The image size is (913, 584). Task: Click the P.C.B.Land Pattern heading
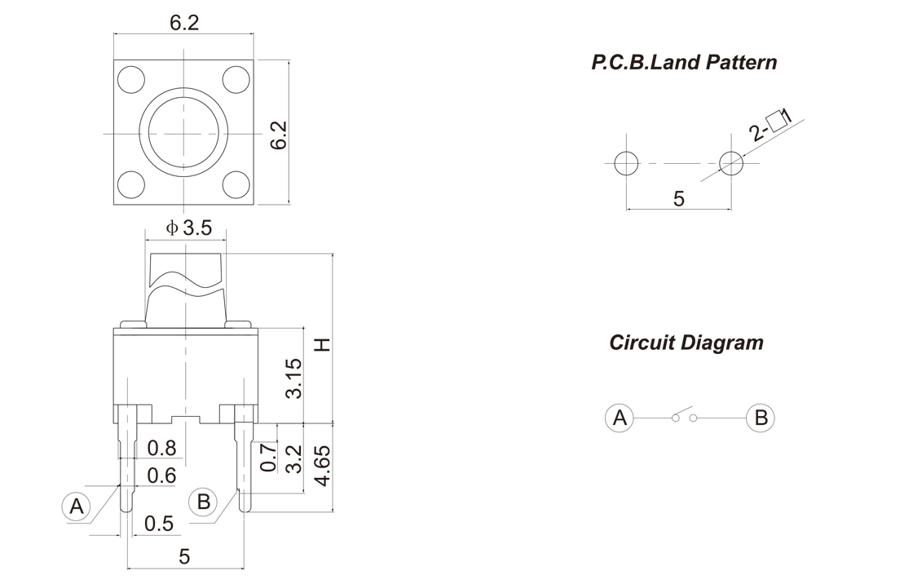(x=684, y=62)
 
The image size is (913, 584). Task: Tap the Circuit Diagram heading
(x=686, y=343)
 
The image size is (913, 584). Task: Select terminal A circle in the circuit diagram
(x=620, y=418)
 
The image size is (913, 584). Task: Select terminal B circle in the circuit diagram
(x=760, y=418)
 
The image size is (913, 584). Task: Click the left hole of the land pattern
(x=626, y=163)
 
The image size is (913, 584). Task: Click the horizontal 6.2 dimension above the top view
(x=184, y=24)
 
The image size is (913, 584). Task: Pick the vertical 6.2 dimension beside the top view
(x=279, y=135)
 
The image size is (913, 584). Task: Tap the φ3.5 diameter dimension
(x=189, y=228)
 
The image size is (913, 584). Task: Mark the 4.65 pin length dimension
(x=323, y=466)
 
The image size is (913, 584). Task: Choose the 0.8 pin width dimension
(x=162, y=448)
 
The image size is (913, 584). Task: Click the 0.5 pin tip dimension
(x=159, y=524)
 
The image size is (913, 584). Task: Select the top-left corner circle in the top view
(x=130, y=80)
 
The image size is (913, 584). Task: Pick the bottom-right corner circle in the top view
(x=236, y=184)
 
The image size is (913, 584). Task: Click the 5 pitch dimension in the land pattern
(x=679, y=198)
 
